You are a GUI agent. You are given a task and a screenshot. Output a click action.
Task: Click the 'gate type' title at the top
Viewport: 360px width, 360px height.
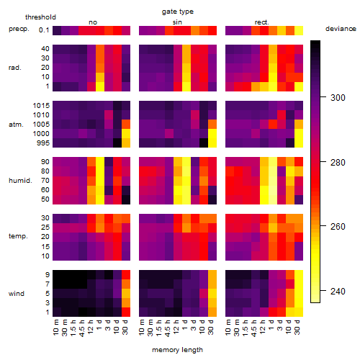[x=178, y=12]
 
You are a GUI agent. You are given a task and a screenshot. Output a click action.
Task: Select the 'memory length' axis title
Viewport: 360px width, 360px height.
[x=177, y=350]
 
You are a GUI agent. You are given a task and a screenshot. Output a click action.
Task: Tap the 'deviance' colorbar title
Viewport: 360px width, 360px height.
[x=341, y=29]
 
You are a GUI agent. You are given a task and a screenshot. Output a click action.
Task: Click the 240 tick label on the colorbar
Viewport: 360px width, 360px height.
[x=338, y=292]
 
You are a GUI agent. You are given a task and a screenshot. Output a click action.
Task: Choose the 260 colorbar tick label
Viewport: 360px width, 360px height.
[x=338, y=227]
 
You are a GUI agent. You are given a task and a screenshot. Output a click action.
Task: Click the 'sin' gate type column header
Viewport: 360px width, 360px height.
[x=177, y=22]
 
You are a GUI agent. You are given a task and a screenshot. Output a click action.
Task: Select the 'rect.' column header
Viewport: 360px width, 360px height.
[x=262, y=22]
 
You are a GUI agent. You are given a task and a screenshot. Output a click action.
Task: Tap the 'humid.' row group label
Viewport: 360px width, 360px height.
[x=20, y=181]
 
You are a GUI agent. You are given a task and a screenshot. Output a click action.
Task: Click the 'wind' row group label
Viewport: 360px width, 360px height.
[x=17, y=294]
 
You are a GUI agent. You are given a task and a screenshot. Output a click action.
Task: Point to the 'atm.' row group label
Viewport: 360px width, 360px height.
[x=16, y=125]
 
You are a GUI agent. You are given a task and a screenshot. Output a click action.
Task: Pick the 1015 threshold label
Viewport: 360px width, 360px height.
[x=41, y=106]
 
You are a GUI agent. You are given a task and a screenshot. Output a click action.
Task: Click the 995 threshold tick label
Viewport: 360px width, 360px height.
[x=43, y=143]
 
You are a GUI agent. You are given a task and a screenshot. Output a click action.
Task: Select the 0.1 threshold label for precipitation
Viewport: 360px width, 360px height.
[x=44, y=30]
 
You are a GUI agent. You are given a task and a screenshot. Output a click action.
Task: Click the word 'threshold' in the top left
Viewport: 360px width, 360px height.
[x=40, y=17]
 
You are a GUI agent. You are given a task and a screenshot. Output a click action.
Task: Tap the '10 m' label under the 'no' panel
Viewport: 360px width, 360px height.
[x=56, y=327]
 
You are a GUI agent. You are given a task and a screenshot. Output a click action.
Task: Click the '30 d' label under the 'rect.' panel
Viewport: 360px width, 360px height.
[x=297, y=327]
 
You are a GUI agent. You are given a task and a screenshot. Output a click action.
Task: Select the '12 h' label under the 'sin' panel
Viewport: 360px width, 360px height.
[x=176, y=327]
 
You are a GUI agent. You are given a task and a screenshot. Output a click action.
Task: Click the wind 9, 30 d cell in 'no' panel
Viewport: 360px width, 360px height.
[x=126, y=275]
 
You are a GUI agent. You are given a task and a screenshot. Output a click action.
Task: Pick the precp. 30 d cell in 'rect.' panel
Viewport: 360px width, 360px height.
[x=299, y=30]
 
